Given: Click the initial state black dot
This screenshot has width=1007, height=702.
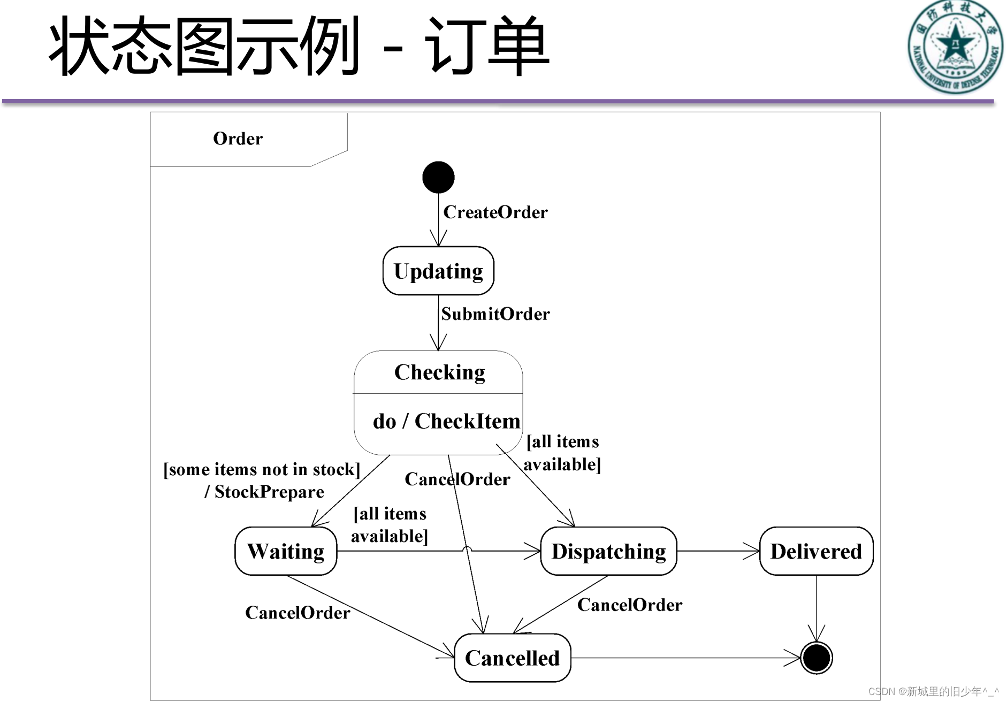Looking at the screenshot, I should (438, 177).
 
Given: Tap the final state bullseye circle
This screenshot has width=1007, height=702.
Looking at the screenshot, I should (816, 658).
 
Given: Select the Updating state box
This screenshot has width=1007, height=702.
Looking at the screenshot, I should (438, 271).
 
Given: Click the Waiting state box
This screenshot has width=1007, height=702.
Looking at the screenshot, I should (286, 551).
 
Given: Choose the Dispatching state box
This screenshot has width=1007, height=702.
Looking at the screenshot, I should (608, 551).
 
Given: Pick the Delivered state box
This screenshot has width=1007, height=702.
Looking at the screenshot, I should (816, 551).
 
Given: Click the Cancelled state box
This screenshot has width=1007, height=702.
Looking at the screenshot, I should (512, 658).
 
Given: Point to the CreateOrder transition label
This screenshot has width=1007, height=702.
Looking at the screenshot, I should (495, 212).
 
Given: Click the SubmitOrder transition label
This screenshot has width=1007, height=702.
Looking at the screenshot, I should (495, 314).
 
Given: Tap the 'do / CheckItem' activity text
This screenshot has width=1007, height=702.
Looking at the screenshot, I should (446, 421).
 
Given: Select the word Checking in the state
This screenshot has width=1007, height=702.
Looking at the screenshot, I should (439, 372).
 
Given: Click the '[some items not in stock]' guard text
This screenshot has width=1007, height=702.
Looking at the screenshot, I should (262, 469).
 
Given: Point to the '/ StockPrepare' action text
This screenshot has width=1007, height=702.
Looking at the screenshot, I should (264, 492).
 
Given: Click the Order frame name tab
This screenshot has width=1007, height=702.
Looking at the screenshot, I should (238, 139).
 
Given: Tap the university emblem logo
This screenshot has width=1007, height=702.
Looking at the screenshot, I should (955, 47).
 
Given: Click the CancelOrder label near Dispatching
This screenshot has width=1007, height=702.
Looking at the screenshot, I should (630, 605).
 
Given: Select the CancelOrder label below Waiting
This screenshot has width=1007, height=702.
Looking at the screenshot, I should (297, 613).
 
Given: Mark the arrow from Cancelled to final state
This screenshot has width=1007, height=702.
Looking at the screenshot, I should (685, 658).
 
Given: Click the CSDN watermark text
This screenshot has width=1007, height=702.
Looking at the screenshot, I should (933, 691).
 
